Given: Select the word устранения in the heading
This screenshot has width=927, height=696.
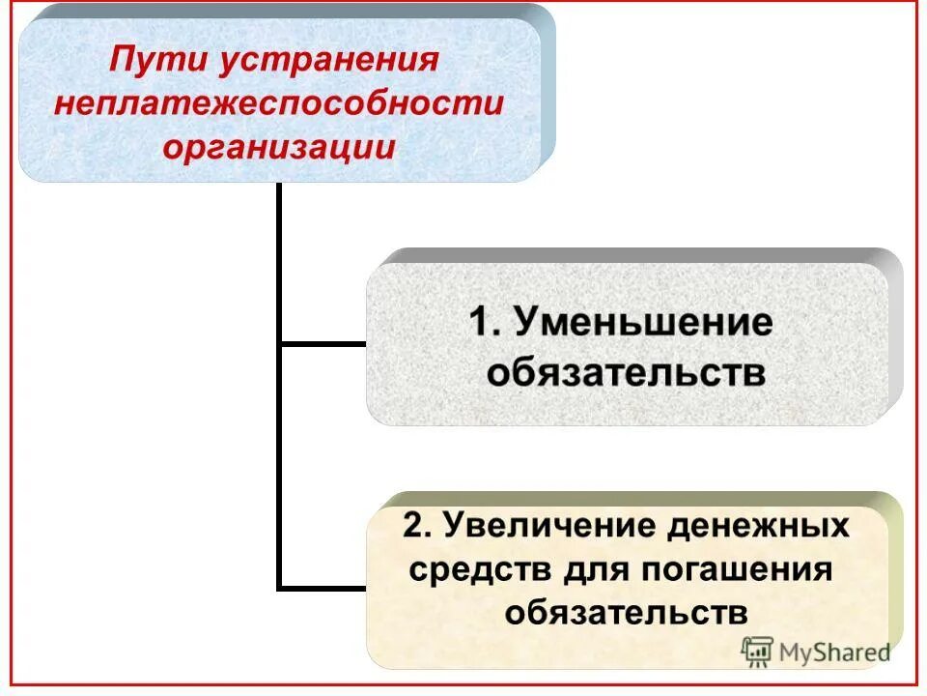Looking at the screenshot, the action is [x=329, y=62].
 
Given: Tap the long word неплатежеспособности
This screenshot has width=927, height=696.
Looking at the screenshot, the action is [x=279, y=104].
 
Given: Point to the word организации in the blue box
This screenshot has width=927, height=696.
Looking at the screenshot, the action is [x=279, y=147].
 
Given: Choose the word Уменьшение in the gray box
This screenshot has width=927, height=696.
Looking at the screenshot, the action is [x=642, y=322].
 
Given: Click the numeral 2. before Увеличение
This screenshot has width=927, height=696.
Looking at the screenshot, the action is [x=416, y=527].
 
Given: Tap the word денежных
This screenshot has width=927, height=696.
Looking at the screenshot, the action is [x=759, y=527].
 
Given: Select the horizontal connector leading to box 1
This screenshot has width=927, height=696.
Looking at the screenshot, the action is [x=323, y=343].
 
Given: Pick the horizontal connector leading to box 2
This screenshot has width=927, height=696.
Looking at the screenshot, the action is [x=323, y=586].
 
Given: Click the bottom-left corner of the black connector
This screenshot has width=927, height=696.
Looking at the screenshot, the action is [x=280, y=586].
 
